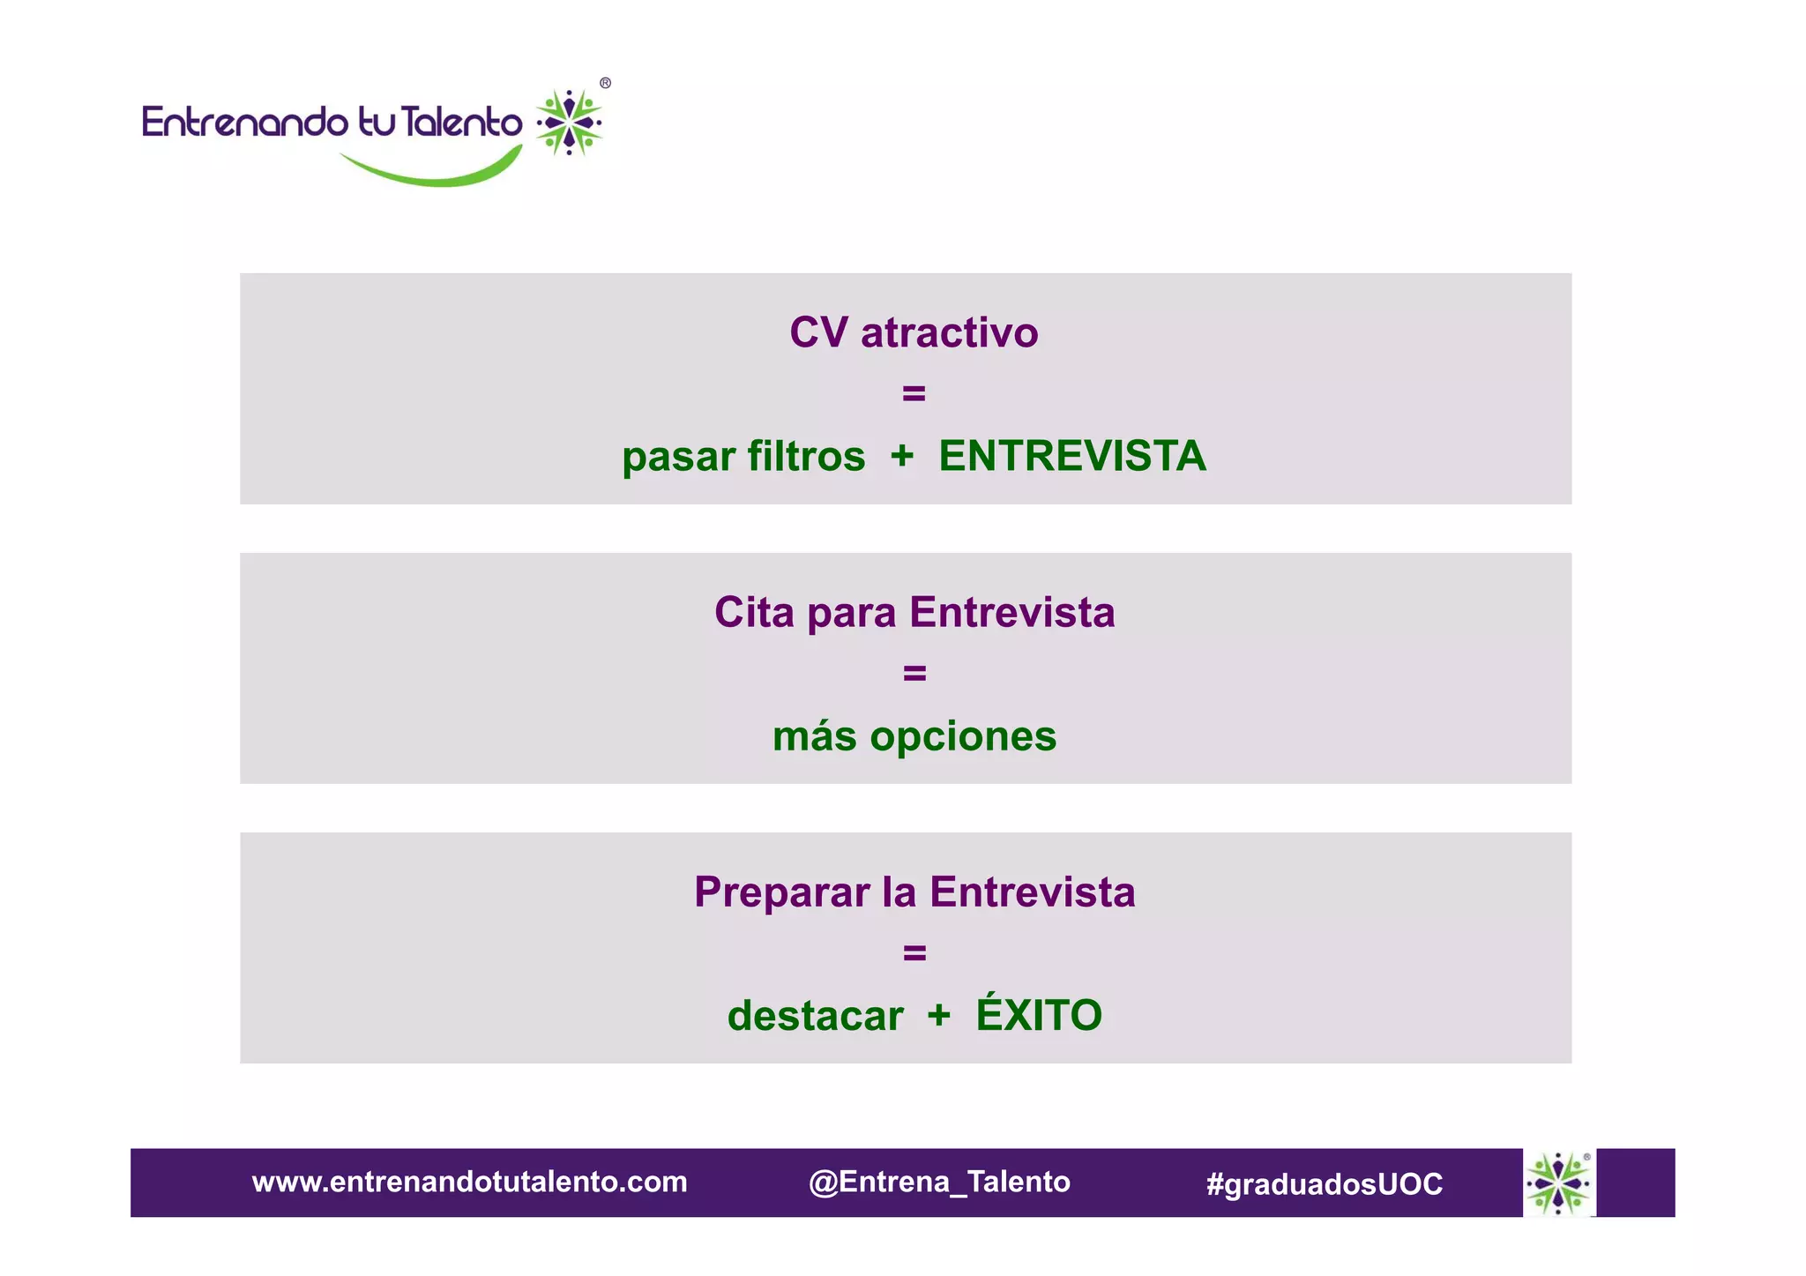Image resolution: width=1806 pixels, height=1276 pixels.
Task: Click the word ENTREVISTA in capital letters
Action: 1071,457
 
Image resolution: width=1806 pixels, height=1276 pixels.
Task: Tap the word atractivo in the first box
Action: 949,333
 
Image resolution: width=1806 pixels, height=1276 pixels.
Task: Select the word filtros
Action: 806,457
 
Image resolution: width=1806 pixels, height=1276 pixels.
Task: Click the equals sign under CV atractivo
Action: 914,393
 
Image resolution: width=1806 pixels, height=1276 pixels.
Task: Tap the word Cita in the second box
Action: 754,613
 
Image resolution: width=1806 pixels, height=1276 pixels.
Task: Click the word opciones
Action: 963,736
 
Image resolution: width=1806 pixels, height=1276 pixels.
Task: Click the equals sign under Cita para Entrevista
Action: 914,674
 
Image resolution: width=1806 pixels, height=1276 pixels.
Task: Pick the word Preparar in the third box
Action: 781,892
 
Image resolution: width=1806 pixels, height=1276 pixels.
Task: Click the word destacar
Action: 815,1016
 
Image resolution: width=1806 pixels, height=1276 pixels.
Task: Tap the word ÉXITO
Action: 1039,1014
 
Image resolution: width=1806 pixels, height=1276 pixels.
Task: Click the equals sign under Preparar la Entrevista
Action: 914,953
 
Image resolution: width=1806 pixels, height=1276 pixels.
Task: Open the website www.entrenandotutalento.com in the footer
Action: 469,1183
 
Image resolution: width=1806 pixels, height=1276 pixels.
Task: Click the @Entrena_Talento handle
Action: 939,1183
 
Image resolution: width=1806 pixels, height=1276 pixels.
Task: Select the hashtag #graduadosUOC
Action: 1325,1184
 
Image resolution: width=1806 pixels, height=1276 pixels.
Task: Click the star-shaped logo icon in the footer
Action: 1559,1183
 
